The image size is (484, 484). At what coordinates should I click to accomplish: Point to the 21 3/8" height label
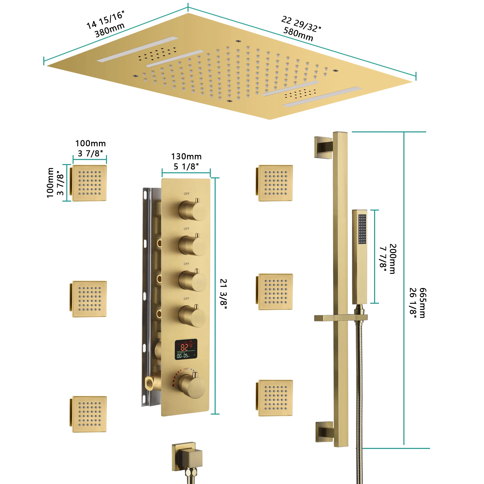(223, 294)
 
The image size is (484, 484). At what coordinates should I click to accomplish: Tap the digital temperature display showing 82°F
(186, 349)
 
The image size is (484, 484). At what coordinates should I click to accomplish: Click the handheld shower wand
(360, 257)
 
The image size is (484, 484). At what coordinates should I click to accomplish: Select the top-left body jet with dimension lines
(89, 183)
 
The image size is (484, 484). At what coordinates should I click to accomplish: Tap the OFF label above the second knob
(186, 229)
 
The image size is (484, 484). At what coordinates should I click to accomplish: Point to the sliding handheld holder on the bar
(341, 318)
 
